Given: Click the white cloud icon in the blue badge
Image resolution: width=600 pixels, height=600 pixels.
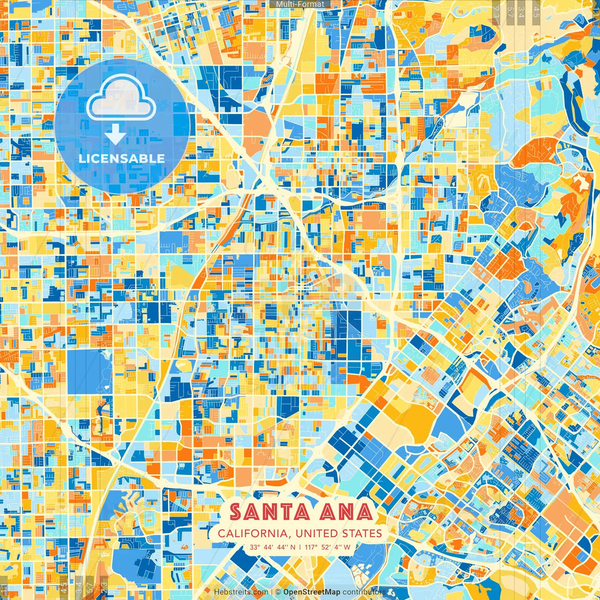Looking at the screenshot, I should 121,99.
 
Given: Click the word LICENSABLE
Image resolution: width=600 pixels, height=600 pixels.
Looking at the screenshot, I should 122,158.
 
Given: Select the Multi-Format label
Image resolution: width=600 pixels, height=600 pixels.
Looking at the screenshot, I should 300,4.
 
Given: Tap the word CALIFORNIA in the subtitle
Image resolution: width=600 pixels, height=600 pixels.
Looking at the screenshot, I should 252,533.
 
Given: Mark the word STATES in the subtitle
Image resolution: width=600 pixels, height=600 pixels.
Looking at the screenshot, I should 362,533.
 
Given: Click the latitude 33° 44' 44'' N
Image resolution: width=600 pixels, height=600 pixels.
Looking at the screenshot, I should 272,547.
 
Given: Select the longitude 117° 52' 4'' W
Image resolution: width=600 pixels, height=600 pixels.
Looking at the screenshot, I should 328,547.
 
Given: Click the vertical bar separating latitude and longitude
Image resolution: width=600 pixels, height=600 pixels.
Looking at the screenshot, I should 300,547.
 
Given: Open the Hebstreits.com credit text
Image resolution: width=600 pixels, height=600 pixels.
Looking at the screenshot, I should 241,592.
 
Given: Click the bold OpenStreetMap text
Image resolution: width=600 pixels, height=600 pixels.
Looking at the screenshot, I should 312,592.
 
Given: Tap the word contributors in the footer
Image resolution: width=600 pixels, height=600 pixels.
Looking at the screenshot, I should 364,592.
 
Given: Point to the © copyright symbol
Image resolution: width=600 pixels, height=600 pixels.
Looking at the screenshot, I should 277,592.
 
